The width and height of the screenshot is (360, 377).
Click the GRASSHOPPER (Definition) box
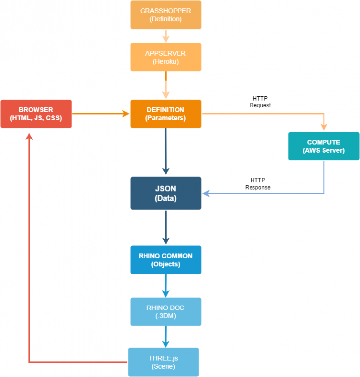point(166,15)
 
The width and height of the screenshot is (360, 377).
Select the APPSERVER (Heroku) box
point(166,57)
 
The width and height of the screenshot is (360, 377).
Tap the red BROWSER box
point(36,114)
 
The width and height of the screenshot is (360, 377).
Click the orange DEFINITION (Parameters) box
point(166,114)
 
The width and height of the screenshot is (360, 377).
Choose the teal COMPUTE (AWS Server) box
point(324,146)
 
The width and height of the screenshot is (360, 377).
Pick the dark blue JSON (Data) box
point(166,193)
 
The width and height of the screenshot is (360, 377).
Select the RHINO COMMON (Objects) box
point(166,260)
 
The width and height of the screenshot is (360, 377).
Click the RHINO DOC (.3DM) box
point(166,311)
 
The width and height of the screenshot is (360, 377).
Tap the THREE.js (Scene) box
point(163,362)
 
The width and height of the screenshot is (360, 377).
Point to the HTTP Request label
point(260,102)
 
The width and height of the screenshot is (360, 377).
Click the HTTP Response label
point(257,184)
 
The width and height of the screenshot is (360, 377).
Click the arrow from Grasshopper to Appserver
point(166,36)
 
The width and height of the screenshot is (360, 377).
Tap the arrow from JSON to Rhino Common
point(166,227)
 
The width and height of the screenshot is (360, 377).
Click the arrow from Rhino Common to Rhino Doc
point(166,285)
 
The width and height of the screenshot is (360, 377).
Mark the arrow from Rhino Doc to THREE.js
point(166,337)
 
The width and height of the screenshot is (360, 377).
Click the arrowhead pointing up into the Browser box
point(29,136)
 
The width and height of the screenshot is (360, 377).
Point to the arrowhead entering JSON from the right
point(207,193)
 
